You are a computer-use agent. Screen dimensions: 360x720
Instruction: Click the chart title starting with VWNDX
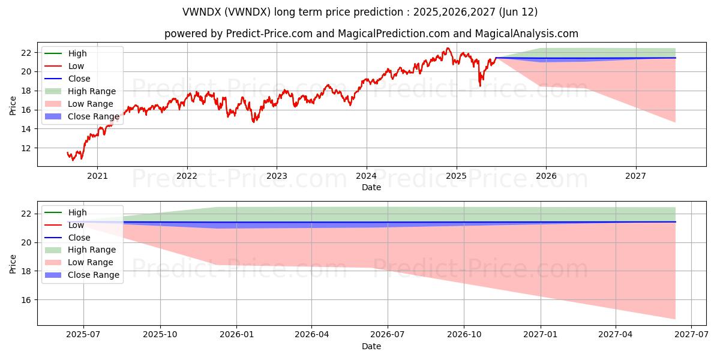click(x=360, y=12)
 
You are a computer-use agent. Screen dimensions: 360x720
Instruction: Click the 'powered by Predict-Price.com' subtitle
click(x=371, y=34)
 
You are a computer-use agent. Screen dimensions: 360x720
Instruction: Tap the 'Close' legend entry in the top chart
click(x=79, y=79)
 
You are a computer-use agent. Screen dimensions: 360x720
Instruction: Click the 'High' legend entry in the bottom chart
click(x=77, y=212)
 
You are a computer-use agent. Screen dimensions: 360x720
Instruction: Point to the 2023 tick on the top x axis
click(x=277, y=176)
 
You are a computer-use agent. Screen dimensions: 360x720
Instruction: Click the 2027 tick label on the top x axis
click(x=635, y=176)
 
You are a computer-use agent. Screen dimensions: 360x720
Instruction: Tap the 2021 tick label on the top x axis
click(x=97, y=176)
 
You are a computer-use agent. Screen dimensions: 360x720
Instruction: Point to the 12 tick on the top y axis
click(x=26, y=148)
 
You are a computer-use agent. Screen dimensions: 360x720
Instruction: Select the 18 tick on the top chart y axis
click(x=26, y=91)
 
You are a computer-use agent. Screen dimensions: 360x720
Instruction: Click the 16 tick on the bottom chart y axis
click(x=26, y=300)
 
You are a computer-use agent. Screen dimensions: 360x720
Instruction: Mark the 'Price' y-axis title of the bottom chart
click(x=13, y=263)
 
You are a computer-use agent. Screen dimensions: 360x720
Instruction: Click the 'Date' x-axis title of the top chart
click(x=371, y=187)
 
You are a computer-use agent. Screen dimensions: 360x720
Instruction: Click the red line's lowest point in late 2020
click(x=73, y=160)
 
